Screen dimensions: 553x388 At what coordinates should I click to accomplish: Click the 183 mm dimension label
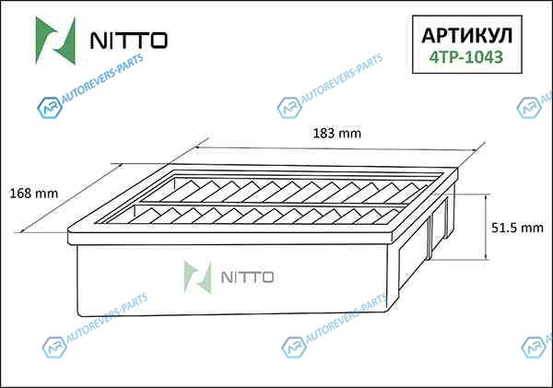[x=337, y=134]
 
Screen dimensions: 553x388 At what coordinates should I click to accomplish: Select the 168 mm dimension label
[x=33, y=194]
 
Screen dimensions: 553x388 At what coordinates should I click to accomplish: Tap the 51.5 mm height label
[x=517, y=228]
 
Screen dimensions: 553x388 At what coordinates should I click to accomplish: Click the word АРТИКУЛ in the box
[x=467, y=35]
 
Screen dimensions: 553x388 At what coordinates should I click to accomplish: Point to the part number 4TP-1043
[x=465, y=57]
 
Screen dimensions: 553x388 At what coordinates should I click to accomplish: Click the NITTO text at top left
[x=129, y=41]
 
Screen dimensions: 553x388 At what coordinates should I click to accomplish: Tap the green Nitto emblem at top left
[x=56, y=41]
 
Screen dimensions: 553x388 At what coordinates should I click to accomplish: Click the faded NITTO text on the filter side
[x=247, y=277]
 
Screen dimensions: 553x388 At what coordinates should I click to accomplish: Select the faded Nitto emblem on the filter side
[x=198, y=277]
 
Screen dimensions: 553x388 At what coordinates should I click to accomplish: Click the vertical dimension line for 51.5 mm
[x=486, y=227]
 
